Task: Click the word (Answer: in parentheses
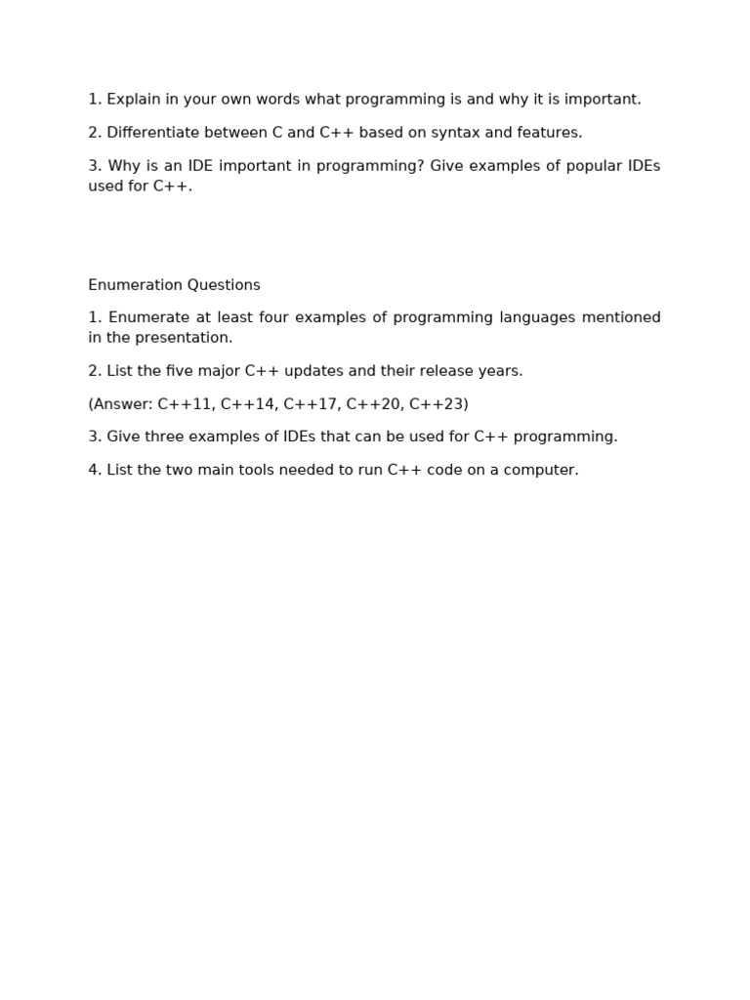[x=120, y=404]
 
